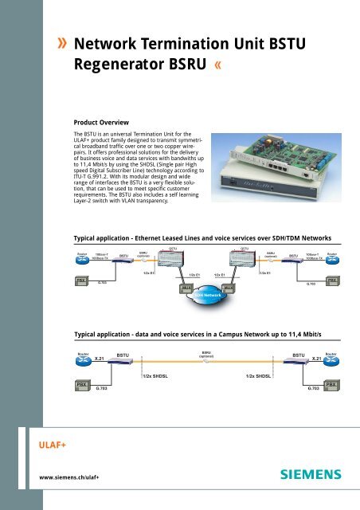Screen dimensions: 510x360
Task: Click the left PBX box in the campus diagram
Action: coord(81,385)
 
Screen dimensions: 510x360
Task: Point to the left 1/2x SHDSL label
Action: coord(158,375)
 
